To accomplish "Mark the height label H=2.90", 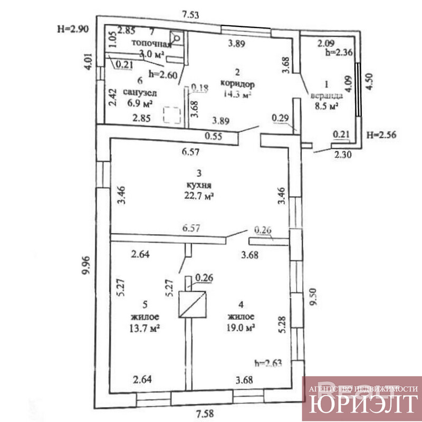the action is (x=72, y=29).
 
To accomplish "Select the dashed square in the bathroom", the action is (x=171, y=114).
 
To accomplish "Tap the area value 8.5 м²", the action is (x=325, y=106).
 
